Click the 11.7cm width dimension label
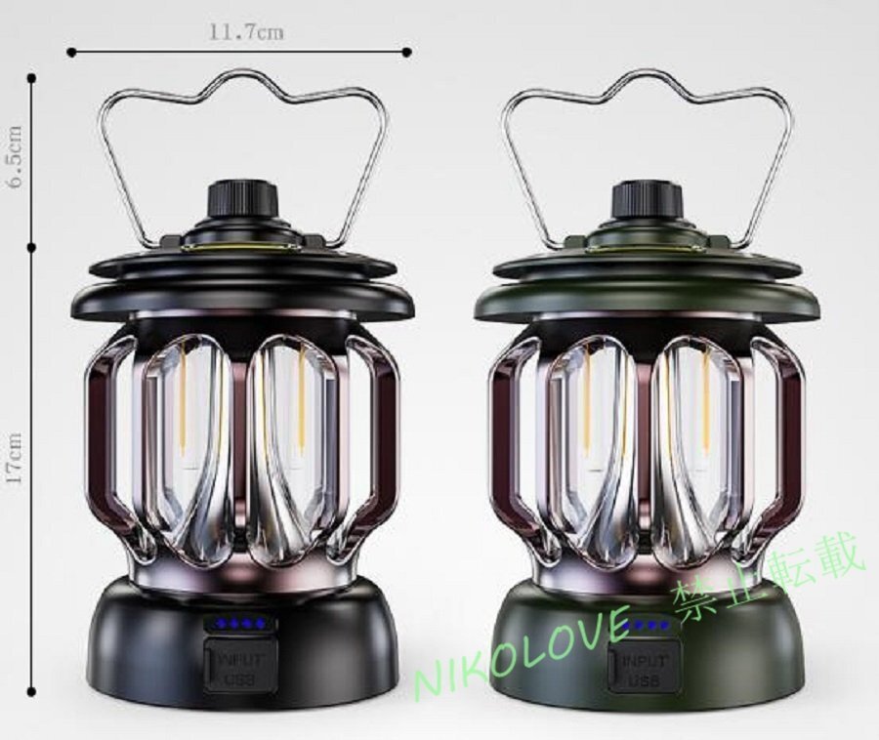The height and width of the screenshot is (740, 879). tap(247, 32)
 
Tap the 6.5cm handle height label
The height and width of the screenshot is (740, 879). tap(14, 157)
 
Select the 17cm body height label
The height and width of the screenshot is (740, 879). tap(14, 458)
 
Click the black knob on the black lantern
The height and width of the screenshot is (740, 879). tap(244, 201)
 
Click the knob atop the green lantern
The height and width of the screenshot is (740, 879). tap(648, 201)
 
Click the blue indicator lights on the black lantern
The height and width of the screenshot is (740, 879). tap(241, 623)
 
